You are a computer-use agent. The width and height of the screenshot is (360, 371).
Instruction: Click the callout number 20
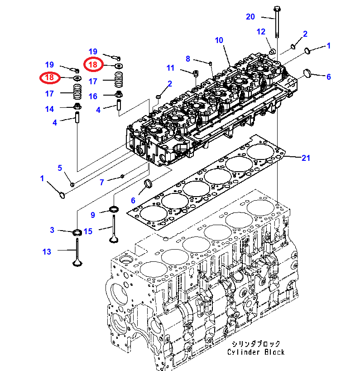[250, 17]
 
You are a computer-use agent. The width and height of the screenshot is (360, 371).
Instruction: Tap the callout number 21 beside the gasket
[306, 158]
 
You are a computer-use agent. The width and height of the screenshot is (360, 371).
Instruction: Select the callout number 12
[261, 32]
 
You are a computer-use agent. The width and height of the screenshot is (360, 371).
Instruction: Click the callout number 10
[219, 40]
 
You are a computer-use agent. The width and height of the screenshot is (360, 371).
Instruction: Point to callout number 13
[47, 251]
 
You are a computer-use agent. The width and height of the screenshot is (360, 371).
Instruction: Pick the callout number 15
[88, 231]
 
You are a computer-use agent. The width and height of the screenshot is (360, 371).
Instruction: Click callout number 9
[93, 215]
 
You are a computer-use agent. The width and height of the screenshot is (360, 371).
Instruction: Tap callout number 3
[52, 230]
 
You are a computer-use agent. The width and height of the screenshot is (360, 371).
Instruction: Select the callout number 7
[102, 182]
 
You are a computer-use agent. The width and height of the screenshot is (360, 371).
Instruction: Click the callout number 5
[60, 168]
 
